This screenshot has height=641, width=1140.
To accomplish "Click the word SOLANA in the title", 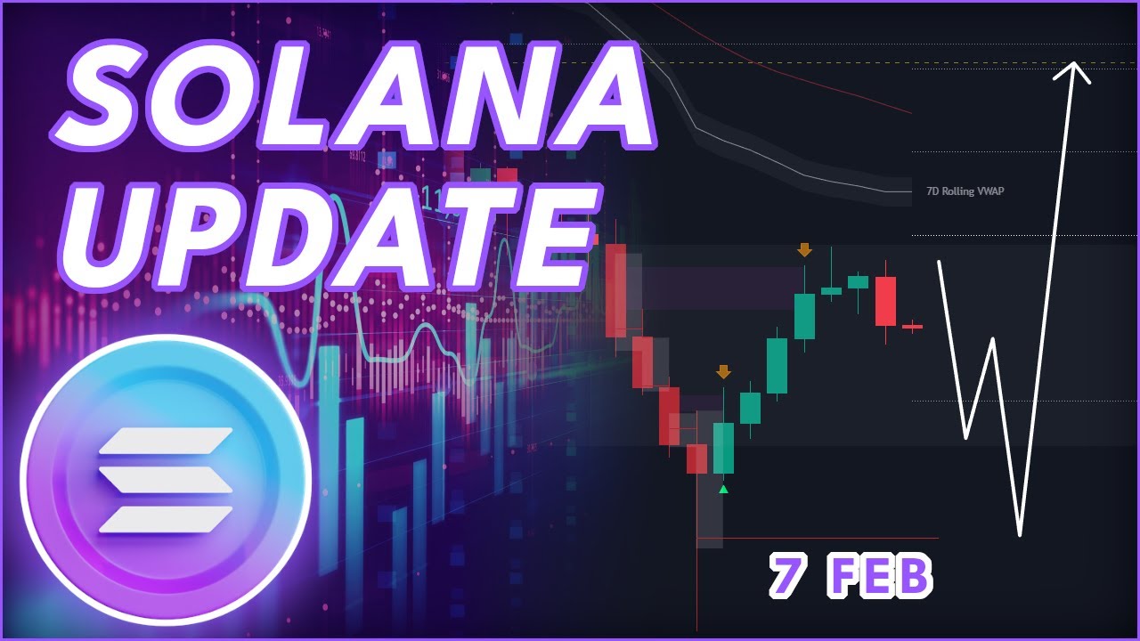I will pos(356,98).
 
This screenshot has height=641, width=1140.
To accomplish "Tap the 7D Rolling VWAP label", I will pos(965,191).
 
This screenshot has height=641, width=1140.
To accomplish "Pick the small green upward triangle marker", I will pos(723,489).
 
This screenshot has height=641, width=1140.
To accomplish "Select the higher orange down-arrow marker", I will pos(804,250).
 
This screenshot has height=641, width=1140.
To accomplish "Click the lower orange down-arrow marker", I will pos(723,372).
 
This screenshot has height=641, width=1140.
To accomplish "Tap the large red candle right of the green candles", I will pos(885,301).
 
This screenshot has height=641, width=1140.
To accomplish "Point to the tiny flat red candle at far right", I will pos(912,327).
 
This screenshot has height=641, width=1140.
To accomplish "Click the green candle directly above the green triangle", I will pos(723,448).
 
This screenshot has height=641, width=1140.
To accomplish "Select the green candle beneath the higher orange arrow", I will pos(804,316).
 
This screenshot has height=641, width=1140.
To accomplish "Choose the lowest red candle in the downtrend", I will pos(696,458).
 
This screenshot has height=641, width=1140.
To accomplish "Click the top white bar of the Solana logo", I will pos(167,438).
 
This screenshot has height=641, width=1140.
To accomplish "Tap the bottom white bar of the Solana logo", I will pos(167,518).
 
